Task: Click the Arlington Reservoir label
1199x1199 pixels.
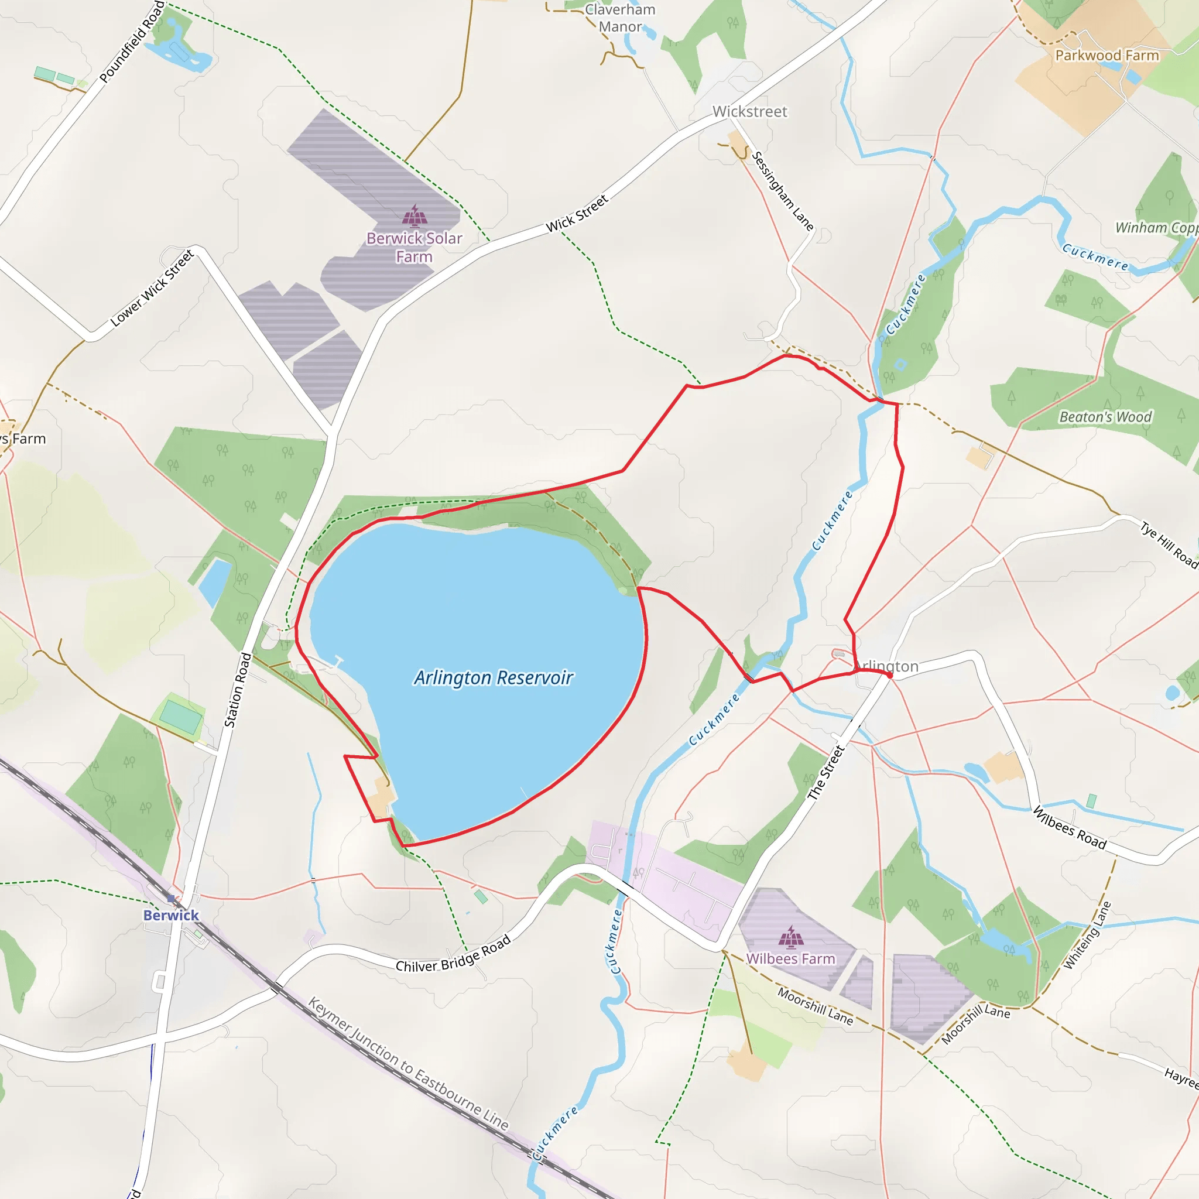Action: pos(494,678)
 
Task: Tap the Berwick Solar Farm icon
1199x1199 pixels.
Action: pos(414,215)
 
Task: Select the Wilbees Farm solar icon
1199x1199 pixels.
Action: pos(790,938)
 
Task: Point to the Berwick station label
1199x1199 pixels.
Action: pos(171,916)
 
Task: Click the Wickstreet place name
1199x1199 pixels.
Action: pos(750,112)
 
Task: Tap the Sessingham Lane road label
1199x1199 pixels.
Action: pos(783,190)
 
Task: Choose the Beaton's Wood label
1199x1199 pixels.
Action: pos(1105,417)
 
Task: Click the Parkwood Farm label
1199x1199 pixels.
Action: pos(1107,56)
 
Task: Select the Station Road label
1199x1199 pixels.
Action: pos(238,690)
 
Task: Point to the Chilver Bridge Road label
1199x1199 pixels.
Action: pos(454,954)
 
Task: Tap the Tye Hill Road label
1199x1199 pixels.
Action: pos(1169,544)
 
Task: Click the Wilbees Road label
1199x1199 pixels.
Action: pos(1069,828)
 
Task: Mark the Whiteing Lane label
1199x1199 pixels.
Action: pos(1087,935)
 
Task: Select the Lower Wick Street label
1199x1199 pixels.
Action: pos(152,288)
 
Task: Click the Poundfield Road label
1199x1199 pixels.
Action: pos(132,42)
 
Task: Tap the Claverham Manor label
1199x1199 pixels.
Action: pos(620,18)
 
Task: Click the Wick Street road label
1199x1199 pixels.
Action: pos(577,214)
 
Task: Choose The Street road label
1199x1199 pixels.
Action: pos(826,773)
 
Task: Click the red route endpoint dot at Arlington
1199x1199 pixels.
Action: pos(889,675)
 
